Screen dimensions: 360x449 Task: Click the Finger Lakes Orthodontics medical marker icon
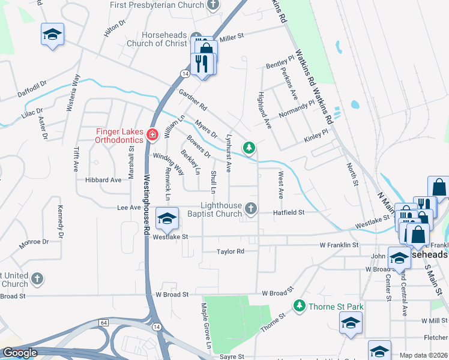click(x=152, y=134)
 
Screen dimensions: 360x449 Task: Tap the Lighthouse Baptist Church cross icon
click(x=252, y=209)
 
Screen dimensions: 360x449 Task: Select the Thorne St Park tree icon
click(x=299, y=307)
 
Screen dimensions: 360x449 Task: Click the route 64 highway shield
click(x=104, y=323)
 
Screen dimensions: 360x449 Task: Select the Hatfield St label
click(x=289, y=212)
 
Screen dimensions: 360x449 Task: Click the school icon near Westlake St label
click(x=167, y=218)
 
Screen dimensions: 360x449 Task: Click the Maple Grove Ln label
click(x=205, y=327)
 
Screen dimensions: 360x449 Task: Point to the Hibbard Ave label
click(x=103, y=179)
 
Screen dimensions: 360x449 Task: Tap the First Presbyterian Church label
click(x=157, y=5)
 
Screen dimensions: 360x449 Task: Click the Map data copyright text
click(x=423, y=355)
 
